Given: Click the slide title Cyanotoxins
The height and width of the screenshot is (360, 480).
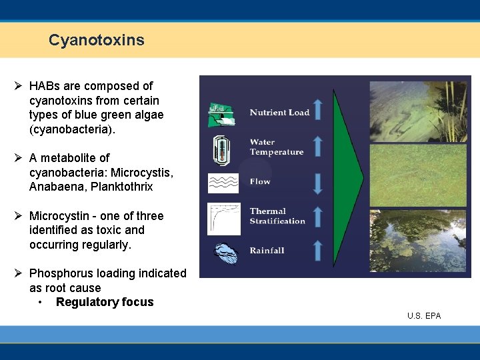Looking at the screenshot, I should coord(96,40).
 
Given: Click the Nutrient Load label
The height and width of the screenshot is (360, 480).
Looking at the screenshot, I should coord(279,113).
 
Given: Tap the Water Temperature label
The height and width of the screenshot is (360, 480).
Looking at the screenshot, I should coord(276,147).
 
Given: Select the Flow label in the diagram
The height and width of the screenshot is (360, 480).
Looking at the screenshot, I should coord(260,181).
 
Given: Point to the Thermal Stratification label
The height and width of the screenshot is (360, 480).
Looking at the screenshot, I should coord(277,216).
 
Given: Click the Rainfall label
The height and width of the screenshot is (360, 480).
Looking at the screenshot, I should coord(267,251).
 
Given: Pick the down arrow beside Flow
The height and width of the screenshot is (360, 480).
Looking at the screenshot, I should coord(317,182).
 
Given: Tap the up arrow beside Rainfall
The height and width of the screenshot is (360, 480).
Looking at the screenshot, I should coord(317,250).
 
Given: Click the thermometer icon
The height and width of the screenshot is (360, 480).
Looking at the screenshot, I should coord(221,151).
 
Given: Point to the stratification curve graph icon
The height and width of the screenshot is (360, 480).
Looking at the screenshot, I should coord(223,218).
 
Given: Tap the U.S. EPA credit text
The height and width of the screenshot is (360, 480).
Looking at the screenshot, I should coord(424,315).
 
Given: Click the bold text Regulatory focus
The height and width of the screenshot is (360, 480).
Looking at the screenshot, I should coord(105,302).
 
